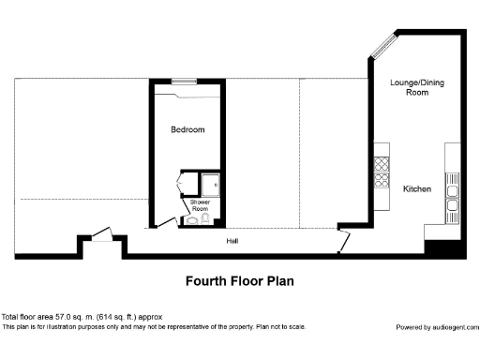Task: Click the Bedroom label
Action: [x=187, y=129]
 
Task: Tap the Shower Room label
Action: [x=200, y=205]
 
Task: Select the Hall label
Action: [x=232, y=241]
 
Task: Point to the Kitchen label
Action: [x=417, y=189]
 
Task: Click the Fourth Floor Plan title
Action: [x=240, y=280]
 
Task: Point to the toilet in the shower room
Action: [x=193, y=220]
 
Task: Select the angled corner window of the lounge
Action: [x=383, y=44]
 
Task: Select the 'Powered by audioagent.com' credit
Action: [x=436, y=327]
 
